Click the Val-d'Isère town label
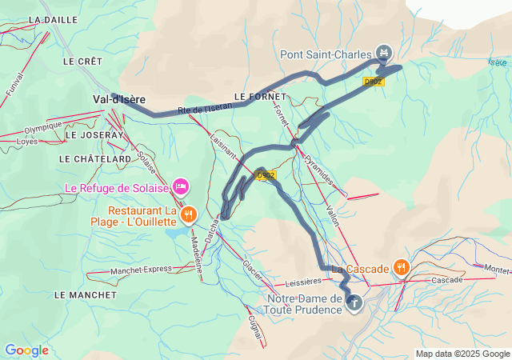pos(119,99)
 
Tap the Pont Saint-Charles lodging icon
pos(383,54)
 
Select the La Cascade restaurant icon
pos(402,268)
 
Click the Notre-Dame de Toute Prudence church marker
pos(354,303)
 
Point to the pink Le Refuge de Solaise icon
pos(181,187)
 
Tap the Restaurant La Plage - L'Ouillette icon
pos(188,214)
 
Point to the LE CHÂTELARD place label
pos(94,159)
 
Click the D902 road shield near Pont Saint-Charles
pos(373,81)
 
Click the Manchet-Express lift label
pos(141,270)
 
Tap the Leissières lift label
pos(303,282)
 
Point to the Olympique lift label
pos(42,126)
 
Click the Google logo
pos(26,350)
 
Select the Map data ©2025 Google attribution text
pos(462,354)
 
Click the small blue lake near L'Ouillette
pos(176,234)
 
